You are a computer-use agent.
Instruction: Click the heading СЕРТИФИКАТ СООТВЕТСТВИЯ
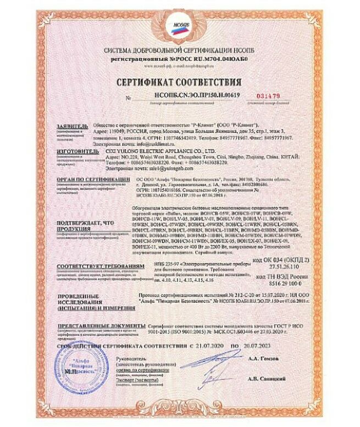pyautogui.click(x=180, y=82)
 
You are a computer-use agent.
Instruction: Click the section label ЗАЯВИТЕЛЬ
pyautogui.click(x=71, y=126)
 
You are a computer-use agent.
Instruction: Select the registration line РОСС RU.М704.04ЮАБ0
pyautogui.click(x=179, y=58)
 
